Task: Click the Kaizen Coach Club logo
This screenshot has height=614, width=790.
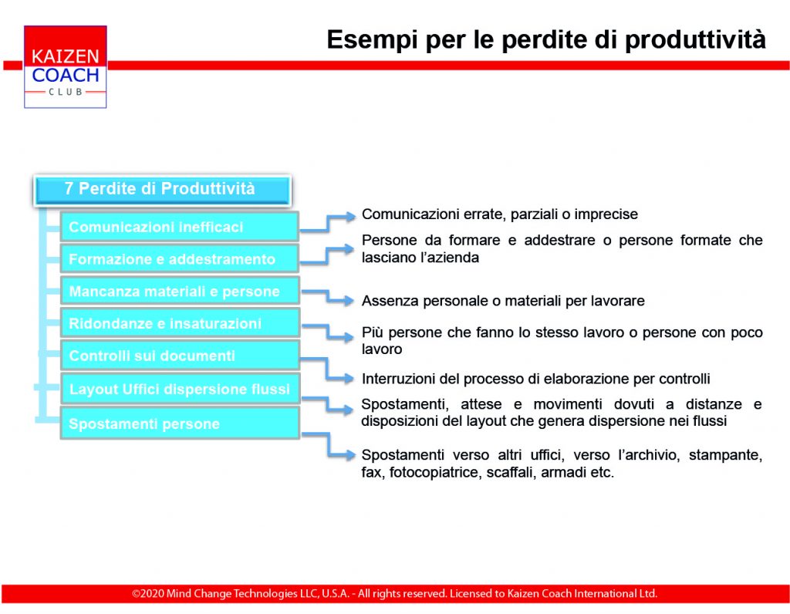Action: point(65,66)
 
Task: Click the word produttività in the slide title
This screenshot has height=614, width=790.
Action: point(695,40)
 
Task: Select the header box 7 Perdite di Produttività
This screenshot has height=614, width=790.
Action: point(162,190)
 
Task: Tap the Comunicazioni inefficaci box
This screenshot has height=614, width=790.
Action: point(179,227)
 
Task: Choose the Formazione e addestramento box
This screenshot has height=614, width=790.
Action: point(179,259)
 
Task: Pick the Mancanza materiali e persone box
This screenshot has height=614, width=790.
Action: point(179,291)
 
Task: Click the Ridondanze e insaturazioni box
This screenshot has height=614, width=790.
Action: point(179,323)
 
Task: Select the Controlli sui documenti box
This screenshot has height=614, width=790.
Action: point(179,356)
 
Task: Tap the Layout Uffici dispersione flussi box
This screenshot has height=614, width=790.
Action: point(179,389)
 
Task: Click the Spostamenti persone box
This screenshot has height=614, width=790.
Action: point(179,423)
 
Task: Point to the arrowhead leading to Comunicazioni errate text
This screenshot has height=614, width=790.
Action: point(349,217)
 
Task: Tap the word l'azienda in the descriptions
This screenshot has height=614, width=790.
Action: point(450,258)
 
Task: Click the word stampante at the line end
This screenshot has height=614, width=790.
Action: point(725,455)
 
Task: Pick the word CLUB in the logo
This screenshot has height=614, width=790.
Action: point(66,92)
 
